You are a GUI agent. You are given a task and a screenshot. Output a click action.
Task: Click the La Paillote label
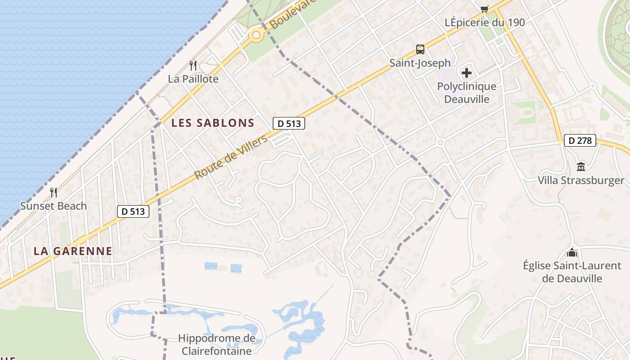[193, 79]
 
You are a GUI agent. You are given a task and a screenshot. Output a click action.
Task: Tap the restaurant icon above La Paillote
[193, 66]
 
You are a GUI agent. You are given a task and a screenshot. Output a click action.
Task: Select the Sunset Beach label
[54, 206]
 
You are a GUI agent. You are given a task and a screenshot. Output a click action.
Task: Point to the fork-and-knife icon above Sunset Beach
[54, 193]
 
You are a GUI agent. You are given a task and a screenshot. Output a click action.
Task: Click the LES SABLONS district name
[213, 123]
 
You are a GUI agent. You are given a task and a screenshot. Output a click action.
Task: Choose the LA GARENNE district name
[73, 251]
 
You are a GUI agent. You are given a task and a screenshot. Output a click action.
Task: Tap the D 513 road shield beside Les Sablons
[289, 123]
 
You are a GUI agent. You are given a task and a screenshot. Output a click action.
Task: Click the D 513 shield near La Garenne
[133, 211]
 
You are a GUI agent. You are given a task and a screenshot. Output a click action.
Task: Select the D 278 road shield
[580, 141]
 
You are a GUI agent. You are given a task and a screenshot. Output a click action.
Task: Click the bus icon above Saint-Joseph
[420, 49]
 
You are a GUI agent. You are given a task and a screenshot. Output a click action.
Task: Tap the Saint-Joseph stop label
[420, 63]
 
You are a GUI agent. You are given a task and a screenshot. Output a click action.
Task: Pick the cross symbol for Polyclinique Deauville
[467, 72]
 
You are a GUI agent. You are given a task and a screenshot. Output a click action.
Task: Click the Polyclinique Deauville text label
[467, 92]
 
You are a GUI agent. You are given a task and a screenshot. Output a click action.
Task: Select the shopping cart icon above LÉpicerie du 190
[485, 9]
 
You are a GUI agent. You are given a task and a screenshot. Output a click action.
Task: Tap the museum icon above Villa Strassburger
[581, 166]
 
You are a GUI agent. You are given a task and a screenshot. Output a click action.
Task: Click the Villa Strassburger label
[581, 180]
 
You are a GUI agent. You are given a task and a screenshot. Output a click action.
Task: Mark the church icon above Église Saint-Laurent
[572, 252]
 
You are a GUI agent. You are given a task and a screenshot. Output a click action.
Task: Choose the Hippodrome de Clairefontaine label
[216, 344]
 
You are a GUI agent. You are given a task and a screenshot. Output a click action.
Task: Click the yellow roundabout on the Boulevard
[256, 35]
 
